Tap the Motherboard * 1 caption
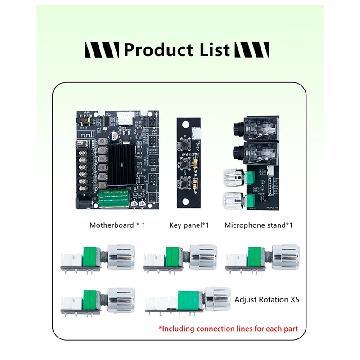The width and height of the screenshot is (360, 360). tap(117, 225)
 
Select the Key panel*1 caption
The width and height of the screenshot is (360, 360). tap(189, 225)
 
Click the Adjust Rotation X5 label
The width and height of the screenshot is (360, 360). tap(267, 299)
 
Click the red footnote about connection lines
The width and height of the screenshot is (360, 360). tap(228, 328)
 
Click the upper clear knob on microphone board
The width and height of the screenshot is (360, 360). tap(233, 177)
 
